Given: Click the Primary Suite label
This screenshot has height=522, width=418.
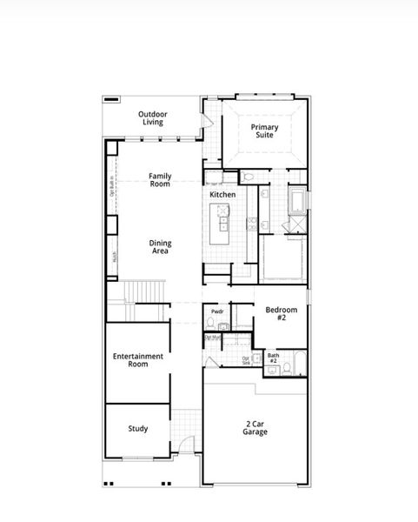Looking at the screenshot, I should click(265, 131).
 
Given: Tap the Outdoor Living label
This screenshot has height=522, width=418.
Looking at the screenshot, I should click(153, 118).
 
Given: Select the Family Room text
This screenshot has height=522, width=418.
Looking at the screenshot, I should click(160, 180).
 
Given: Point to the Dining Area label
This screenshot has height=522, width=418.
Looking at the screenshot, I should click(160, 247).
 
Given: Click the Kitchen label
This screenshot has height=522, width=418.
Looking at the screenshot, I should click(222, 195).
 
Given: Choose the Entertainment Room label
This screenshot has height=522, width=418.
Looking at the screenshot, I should click(138, 360).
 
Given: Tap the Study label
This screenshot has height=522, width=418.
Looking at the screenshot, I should click(137, 429).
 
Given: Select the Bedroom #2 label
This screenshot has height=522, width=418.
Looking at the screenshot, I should click(281, 314).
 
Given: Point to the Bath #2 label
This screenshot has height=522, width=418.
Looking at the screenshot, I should click(273, 358).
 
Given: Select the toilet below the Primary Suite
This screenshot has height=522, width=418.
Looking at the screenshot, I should click(249, 177).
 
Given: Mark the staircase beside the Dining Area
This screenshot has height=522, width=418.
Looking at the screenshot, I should click(144, 291).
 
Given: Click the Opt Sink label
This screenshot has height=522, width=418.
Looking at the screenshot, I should click(246, 359).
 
